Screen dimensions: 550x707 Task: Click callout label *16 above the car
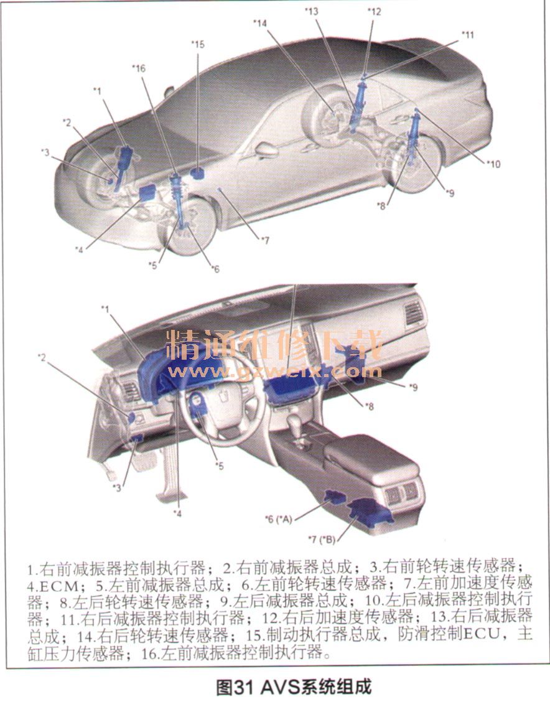coord(138,68)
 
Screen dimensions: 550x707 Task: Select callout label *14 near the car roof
coord(260,22)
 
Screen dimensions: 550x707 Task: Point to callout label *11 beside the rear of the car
coord(467,34)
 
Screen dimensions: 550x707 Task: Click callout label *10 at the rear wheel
coord(493,164)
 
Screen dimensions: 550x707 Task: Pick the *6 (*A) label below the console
coord(279,520)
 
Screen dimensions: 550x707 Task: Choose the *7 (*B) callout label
coord(322,539)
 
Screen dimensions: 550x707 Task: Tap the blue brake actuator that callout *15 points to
coord(197,174)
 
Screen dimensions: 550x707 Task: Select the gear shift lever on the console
coord(296,427)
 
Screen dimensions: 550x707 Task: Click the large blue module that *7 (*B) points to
coord(371,513)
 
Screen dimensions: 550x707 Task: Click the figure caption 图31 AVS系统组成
coord(294,688)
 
